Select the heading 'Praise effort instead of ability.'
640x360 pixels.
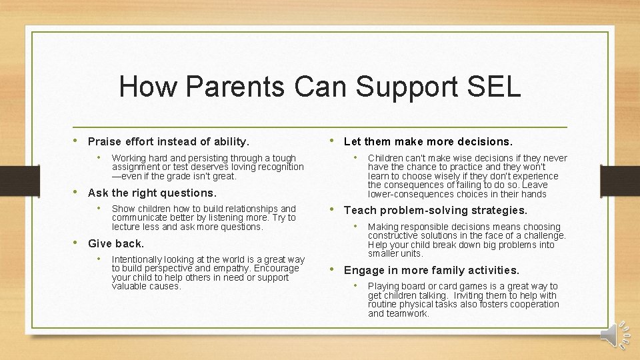[x=169, y=141]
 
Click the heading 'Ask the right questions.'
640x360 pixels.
[x=152, y=193]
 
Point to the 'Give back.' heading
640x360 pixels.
[x=115, y=243]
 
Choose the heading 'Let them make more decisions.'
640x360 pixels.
[x=428, y=141]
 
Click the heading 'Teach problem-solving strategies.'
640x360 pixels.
[x=435, y=210]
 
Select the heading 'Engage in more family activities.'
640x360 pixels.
[x=431, y=270]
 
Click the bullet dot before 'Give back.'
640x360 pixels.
[x=77, y=243]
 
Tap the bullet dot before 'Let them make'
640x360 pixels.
[x=333, y=141]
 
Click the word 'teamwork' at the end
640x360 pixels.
[x=409, y=313]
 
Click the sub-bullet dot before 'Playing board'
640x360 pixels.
[x=355, y=286]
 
